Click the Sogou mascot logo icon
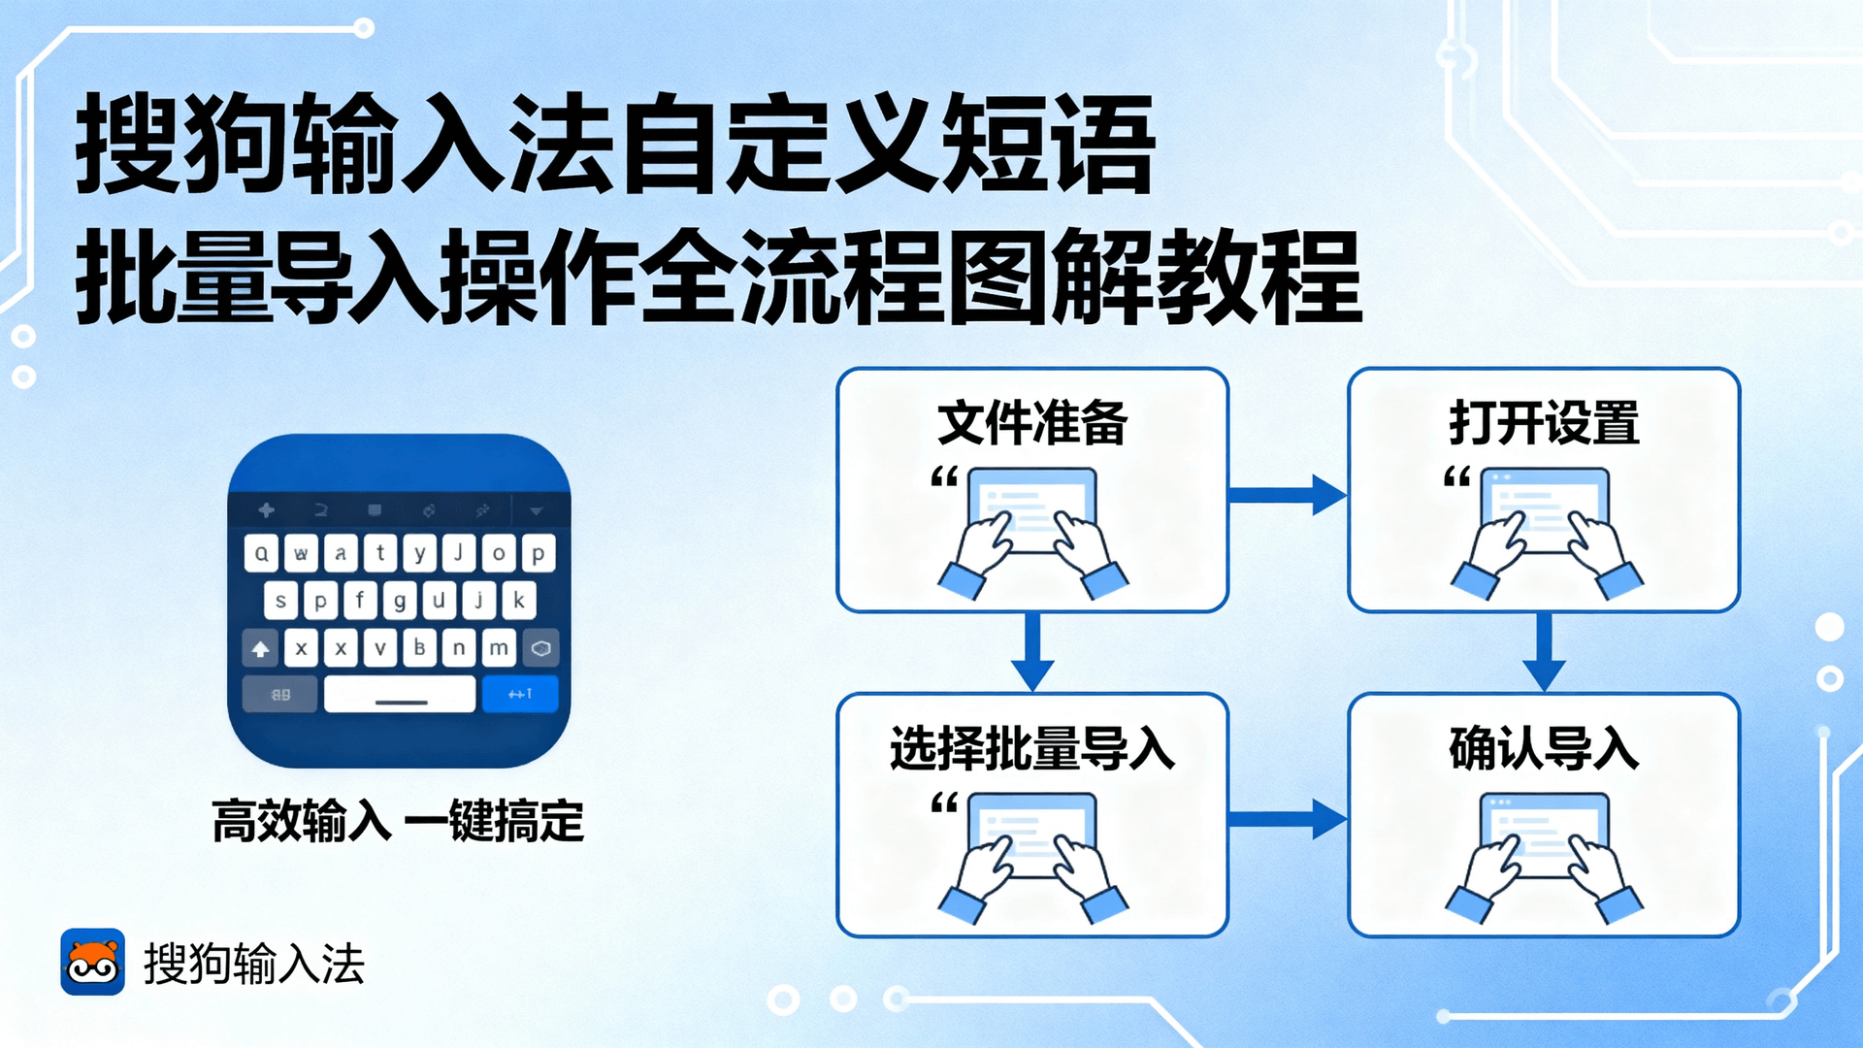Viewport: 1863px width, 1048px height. (93, 962)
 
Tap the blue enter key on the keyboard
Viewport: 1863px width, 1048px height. (520, 694)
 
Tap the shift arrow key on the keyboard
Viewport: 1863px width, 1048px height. (260, 648)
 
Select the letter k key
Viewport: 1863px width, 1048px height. (519, 601)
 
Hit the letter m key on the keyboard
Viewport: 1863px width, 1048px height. (499, 648)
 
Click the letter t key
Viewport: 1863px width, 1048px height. (380, 553)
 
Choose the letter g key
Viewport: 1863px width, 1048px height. (399, 601)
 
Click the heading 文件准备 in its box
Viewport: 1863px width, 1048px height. (1032, 423)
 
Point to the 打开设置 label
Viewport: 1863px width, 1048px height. (1544, 423)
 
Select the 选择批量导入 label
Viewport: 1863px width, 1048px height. (1032, 749)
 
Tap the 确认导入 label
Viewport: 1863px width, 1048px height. (1544, 749)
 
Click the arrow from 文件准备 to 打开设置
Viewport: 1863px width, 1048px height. (1288, 495)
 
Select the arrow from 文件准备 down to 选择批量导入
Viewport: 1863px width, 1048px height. (1032, 652)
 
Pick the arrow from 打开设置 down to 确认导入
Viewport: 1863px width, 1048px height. (1544, 652)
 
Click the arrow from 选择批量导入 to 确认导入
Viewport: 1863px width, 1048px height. (1288, 819)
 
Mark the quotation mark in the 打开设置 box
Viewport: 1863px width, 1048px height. (1457, 476)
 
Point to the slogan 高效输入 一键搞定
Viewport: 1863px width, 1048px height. (398, 822)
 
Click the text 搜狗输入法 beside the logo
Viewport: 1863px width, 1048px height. (254, 964)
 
